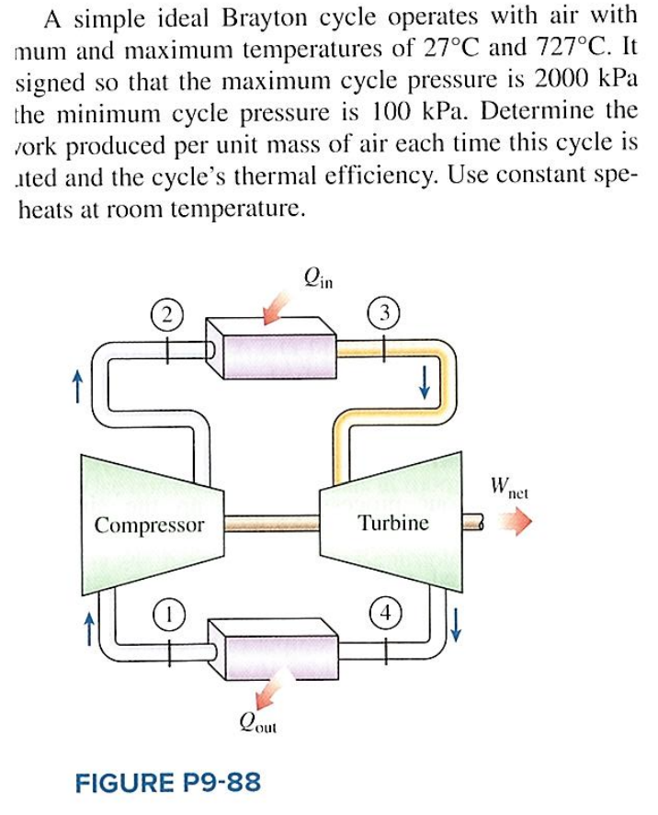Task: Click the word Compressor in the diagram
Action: (x=151, y=526)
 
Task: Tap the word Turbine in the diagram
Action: (x=393, y=523)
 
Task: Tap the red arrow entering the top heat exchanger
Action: (x=272, y=312)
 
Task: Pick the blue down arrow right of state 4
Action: (x=455, y=628)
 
